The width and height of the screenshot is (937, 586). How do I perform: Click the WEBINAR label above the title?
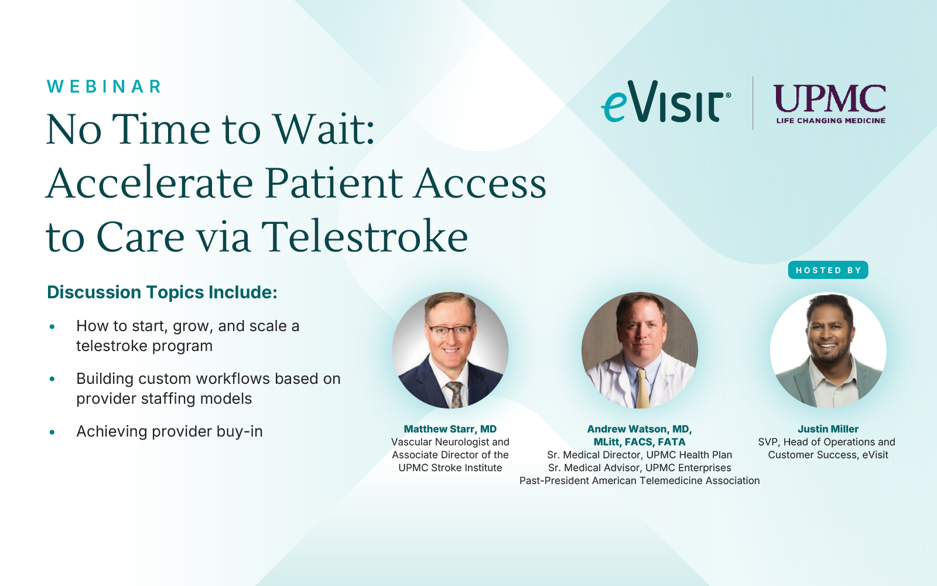(x=104, y=87)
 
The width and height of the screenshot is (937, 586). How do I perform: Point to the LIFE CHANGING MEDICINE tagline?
(x=831, y=121)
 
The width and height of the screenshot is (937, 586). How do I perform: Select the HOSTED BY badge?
(x=828, y=270)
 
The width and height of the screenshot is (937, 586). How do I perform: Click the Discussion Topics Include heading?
(x=162, y=292)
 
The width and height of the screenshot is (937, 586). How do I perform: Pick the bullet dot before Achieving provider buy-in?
(x=52, y=432)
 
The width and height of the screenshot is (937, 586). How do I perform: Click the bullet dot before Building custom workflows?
(x=52, y=379)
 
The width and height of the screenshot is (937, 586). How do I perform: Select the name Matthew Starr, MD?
(x=450, y=429)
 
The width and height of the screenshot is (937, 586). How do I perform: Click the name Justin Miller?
(x=828, y=429)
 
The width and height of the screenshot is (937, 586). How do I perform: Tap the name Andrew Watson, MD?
(x=640, y=429)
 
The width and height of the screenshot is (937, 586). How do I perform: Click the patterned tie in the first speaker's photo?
(x=455, y=395)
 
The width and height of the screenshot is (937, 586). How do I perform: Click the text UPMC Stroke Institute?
(x=450, y=468)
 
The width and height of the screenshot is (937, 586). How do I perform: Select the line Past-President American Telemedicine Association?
(x=640, y=481)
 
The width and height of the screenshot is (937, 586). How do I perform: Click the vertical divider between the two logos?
(x=753, y=103)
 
